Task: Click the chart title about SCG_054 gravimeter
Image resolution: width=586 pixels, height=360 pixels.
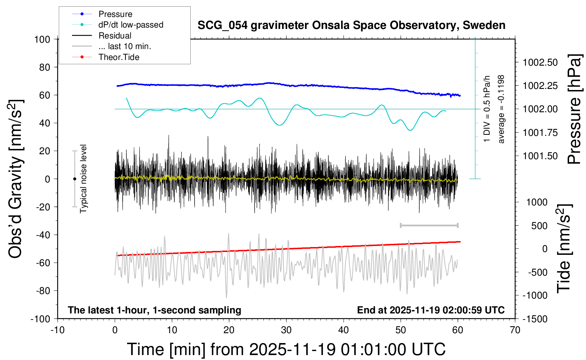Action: (351, 25)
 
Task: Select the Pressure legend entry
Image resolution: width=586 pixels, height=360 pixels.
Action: (115, 14)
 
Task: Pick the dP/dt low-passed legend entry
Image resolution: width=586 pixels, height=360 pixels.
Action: (131, 25)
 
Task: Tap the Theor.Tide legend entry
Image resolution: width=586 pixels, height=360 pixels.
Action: (119, 57)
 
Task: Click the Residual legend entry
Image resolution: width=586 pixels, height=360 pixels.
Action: (115, 36)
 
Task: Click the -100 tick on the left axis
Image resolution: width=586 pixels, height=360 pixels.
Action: (40, 319)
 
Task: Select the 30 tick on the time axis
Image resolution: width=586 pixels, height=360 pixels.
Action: (286, 330)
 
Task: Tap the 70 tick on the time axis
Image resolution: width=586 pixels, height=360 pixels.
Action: (515, 330)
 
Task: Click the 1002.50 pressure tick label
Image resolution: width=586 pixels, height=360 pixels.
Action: (540, 62)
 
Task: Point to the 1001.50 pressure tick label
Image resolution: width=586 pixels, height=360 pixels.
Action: (540, 156)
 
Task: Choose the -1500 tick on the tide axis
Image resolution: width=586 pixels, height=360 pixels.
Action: (535, 319)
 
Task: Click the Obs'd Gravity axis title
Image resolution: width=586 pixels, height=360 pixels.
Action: (16, 179)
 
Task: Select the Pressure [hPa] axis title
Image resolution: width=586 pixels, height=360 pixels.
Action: (574, 109)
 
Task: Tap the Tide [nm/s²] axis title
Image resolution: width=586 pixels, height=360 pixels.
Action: (564, 248)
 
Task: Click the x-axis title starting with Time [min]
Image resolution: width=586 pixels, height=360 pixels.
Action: (286, 349)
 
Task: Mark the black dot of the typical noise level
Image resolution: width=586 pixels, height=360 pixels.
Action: (74, 179)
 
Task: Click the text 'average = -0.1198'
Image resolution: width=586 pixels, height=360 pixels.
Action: (501, 109)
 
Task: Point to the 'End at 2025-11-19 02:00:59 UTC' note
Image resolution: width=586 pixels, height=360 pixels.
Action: (431, 310)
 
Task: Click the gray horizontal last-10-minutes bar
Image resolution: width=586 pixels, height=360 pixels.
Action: (429, 225)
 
